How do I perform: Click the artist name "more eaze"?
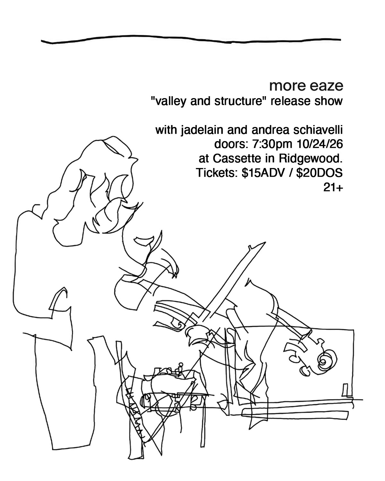coord(306,86)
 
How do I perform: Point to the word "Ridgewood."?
coord(311,159)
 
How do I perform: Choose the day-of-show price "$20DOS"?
coord(320,173)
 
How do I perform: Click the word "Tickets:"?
coord(216,173)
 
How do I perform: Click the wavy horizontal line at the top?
coord(191,39)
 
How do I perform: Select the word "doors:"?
coord(231,144)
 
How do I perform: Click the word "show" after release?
coord(329,101)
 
